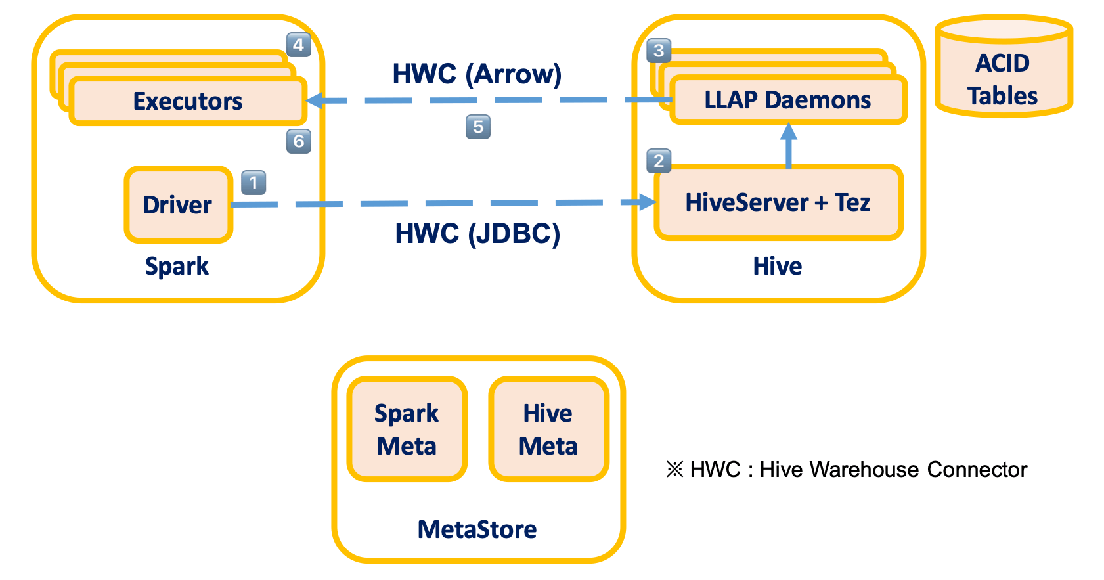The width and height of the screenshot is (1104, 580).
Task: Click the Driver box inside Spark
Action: [178, 205]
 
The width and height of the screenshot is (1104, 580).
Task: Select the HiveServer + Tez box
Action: [778, 202]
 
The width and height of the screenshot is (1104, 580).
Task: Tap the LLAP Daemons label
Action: [787, 100]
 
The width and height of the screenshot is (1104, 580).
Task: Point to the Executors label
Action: [188, 101]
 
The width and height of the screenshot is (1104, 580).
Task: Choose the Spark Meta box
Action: [407, 429]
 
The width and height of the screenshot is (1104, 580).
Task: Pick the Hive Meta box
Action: [548, 429]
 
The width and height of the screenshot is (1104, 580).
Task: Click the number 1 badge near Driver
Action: [254, 183]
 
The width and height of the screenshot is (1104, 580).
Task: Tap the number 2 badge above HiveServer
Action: [659, 161]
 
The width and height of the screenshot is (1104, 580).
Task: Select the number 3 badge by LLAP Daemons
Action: [659, 51]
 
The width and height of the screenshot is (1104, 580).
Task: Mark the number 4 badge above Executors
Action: [298, 45]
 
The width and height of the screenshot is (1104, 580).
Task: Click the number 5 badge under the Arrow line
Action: [478, 127]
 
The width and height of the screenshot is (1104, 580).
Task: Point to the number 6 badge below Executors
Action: [298, 141]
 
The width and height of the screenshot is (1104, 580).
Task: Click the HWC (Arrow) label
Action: [477, 74]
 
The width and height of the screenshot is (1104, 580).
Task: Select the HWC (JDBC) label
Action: [477, 234]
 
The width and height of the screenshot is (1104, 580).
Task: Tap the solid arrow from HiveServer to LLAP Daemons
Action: [789, 146]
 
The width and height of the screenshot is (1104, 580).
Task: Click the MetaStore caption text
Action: [477, 529]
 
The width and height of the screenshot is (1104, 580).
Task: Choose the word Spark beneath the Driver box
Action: [177, 266]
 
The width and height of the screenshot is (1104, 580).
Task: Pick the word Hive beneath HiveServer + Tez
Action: [778, 266]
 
